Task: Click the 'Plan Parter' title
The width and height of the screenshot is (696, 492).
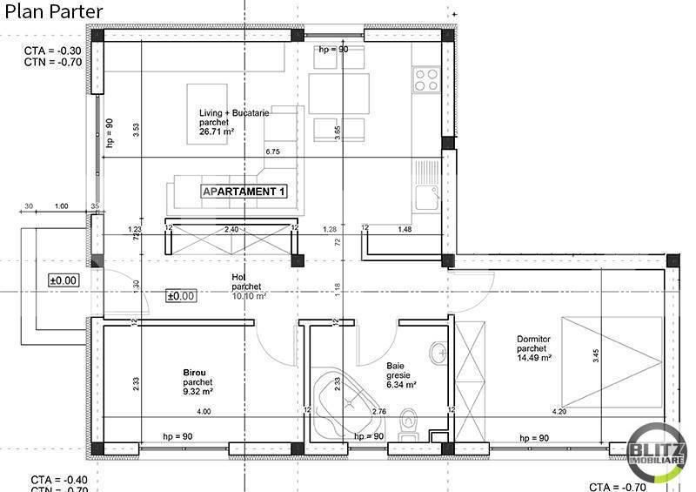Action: coord(54,12)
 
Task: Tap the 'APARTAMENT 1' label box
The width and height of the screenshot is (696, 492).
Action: coord(244,191)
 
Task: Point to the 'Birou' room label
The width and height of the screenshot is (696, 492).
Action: coord(194,371)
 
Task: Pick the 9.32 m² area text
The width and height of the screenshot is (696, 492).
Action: coord(198,391)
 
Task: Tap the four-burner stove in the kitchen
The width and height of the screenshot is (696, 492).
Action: coord(426,80)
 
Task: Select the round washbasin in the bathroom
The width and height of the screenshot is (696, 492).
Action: coord(438,351)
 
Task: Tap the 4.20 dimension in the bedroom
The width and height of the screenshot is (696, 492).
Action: coord(558,411)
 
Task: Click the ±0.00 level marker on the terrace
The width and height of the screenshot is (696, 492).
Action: coord(64,280)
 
